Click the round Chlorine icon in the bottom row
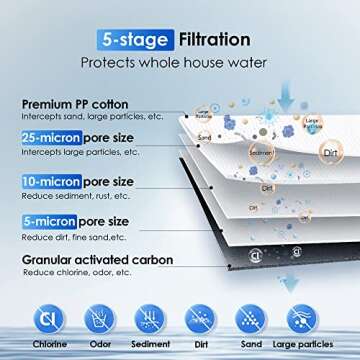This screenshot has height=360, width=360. [x=46, y=318]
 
